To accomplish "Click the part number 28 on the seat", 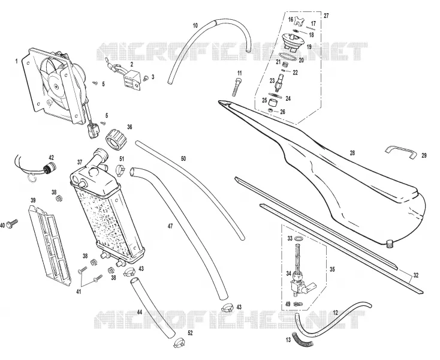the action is pyautogui.click(x=352, y=153).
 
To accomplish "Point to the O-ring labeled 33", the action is pyautogui.click(x=299, y=239).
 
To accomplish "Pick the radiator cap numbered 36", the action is pyautogui.click(x=116, y=139).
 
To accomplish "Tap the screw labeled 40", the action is pyautogui.click(x=12, y=223).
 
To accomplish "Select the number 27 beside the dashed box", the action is pyautogui.click(x=326, y=16).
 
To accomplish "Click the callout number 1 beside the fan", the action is pyautogui.click(x=17, y=61).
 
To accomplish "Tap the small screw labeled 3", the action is pyautogui.click(x=146, y=79).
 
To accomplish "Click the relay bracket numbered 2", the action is pyautogui.click(x=131, y=79).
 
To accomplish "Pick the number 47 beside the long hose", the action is pyautogui.click(x=170, y=226).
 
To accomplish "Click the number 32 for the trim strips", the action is pyautogui.click(x=416, y=275).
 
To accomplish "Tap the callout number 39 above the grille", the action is pyautogui.click(x=33, y=200).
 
